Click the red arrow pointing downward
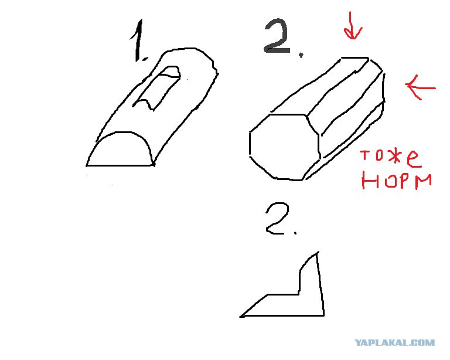click(x=352, y=26)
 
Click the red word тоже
click(x=391, y=158)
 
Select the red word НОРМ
click(x=397, y=181)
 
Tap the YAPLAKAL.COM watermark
click(x=394, y=342)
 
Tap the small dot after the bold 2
click(x=301, y=55)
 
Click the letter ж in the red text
click(x=396, y=157)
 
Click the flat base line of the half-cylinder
click(x=121, y=165)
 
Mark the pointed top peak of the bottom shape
click(x=317, y=252)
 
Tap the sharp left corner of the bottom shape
click(x=240, y=317)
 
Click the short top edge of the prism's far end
click(x=354, y=57)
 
